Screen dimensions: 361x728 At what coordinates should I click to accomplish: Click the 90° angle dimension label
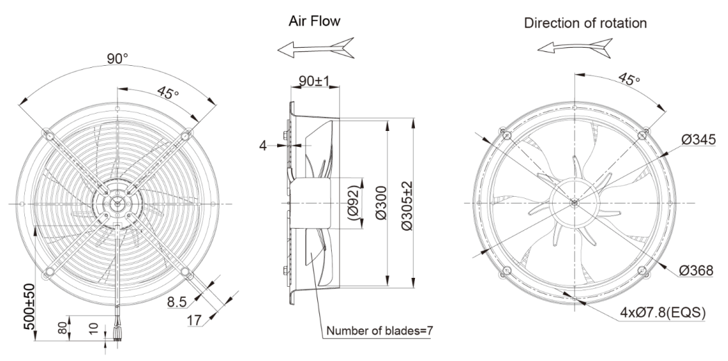(x=117, y=59)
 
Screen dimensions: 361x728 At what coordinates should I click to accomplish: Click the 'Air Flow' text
(x=314, y=23)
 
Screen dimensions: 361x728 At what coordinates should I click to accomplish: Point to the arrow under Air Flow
(x=314, y=47)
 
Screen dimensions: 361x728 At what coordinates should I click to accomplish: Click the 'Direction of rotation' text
(x=585, y=23)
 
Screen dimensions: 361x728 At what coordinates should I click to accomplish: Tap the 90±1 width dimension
(x=311, y=81)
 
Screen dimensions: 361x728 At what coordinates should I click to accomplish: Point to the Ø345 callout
(x=698, y=141)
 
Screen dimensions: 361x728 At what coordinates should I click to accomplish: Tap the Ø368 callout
(x=698, y=271)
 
